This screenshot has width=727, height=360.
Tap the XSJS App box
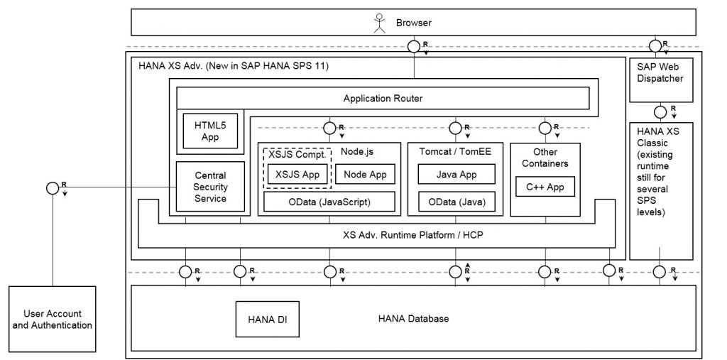pos(297,173)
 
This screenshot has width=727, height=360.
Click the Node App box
pos(364,173)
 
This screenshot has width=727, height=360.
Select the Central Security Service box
pos(210,187)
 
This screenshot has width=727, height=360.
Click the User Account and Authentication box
pos(53,319)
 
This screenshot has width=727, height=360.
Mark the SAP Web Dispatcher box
pos(660,72)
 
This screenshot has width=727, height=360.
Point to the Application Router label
pos(383,98)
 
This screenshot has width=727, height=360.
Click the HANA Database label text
pos(413,319)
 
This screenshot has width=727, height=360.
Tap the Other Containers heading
pos(545,158)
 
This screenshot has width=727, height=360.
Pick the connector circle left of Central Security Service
pos(51,188)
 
